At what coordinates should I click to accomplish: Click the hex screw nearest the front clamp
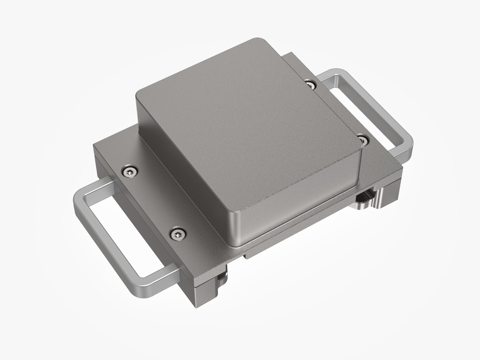click(178, 233)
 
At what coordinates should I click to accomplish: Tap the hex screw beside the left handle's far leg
click(129, 172)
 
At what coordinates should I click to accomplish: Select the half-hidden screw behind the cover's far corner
click(310, 84)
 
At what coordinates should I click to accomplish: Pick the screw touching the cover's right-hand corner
click(363, 139)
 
